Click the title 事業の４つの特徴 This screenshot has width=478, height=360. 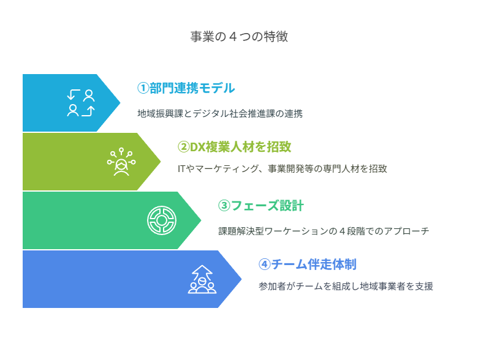[x=239, y=37]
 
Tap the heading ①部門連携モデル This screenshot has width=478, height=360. [x=186, y=88]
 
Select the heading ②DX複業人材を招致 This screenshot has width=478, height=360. [x=234, y=147]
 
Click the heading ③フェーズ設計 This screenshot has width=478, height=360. [x=261, y=206]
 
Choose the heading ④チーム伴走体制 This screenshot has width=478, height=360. [x=307, y=264]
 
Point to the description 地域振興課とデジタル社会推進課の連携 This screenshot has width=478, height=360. [x=220, y=114]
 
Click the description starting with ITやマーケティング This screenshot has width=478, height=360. [x=283, y=169]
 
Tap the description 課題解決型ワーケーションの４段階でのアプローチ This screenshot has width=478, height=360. [x=324, y=231]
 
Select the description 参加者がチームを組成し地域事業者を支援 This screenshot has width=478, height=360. [x=346, y=287]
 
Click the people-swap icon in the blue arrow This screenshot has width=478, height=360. [x=81, y=103]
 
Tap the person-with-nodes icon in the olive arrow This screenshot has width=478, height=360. [x=121, y=162]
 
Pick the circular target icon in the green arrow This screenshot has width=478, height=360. [x=162, y=220]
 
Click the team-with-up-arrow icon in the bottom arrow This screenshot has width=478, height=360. [x=202, y=279]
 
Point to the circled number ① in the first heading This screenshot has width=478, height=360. [x=143, y=88]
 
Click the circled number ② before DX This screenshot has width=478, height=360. [x=183, y=147]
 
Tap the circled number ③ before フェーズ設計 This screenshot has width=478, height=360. [x=224, y=206]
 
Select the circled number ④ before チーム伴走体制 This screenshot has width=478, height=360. [x=264, y=264]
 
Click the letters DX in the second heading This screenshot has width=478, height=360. [x=197, y=147]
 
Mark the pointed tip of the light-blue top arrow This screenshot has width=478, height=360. [x=120, y=103]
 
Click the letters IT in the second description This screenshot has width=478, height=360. [x=181, y=169]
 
